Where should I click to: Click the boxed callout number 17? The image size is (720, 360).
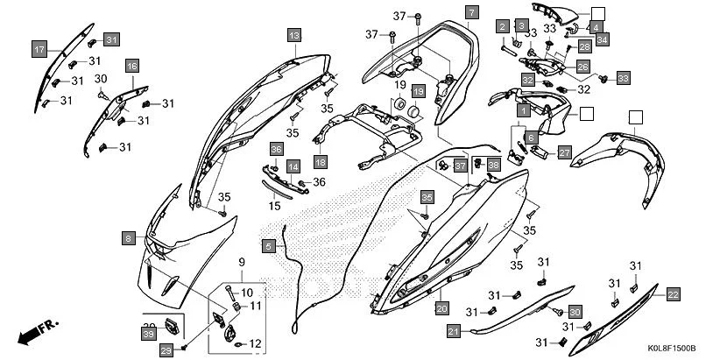(40, 49)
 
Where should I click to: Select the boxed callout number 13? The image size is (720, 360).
(294, 35)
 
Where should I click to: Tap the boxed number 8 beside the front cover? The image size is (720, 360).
(129, 238)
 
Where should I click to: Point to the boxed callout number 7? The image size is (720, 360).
(471, 12)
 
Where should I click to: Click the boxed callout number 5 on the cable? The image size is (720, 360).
(269, 246)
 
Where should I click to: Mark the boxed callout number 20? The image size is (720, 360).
(441, 308)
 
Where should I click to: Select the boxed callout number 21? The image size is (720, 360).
(453, 331)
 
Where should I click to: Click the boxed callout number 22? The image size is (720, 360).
(673, 294)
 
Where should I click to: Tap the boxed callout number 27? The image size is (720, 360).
(564, 152)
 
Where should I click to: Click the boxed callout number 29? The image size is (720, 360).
(187, 349)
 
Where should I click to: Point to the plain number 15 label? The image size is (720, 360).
(274, 207)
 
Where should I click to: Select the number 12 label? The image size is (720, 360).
(256, 343)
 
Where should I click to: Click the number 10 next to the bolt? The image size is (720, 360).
(247, 293)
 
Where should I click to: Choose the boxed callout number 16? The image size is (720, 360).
(131, 67)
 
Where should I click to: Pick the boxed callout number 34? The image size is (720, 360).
(602, 39)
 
